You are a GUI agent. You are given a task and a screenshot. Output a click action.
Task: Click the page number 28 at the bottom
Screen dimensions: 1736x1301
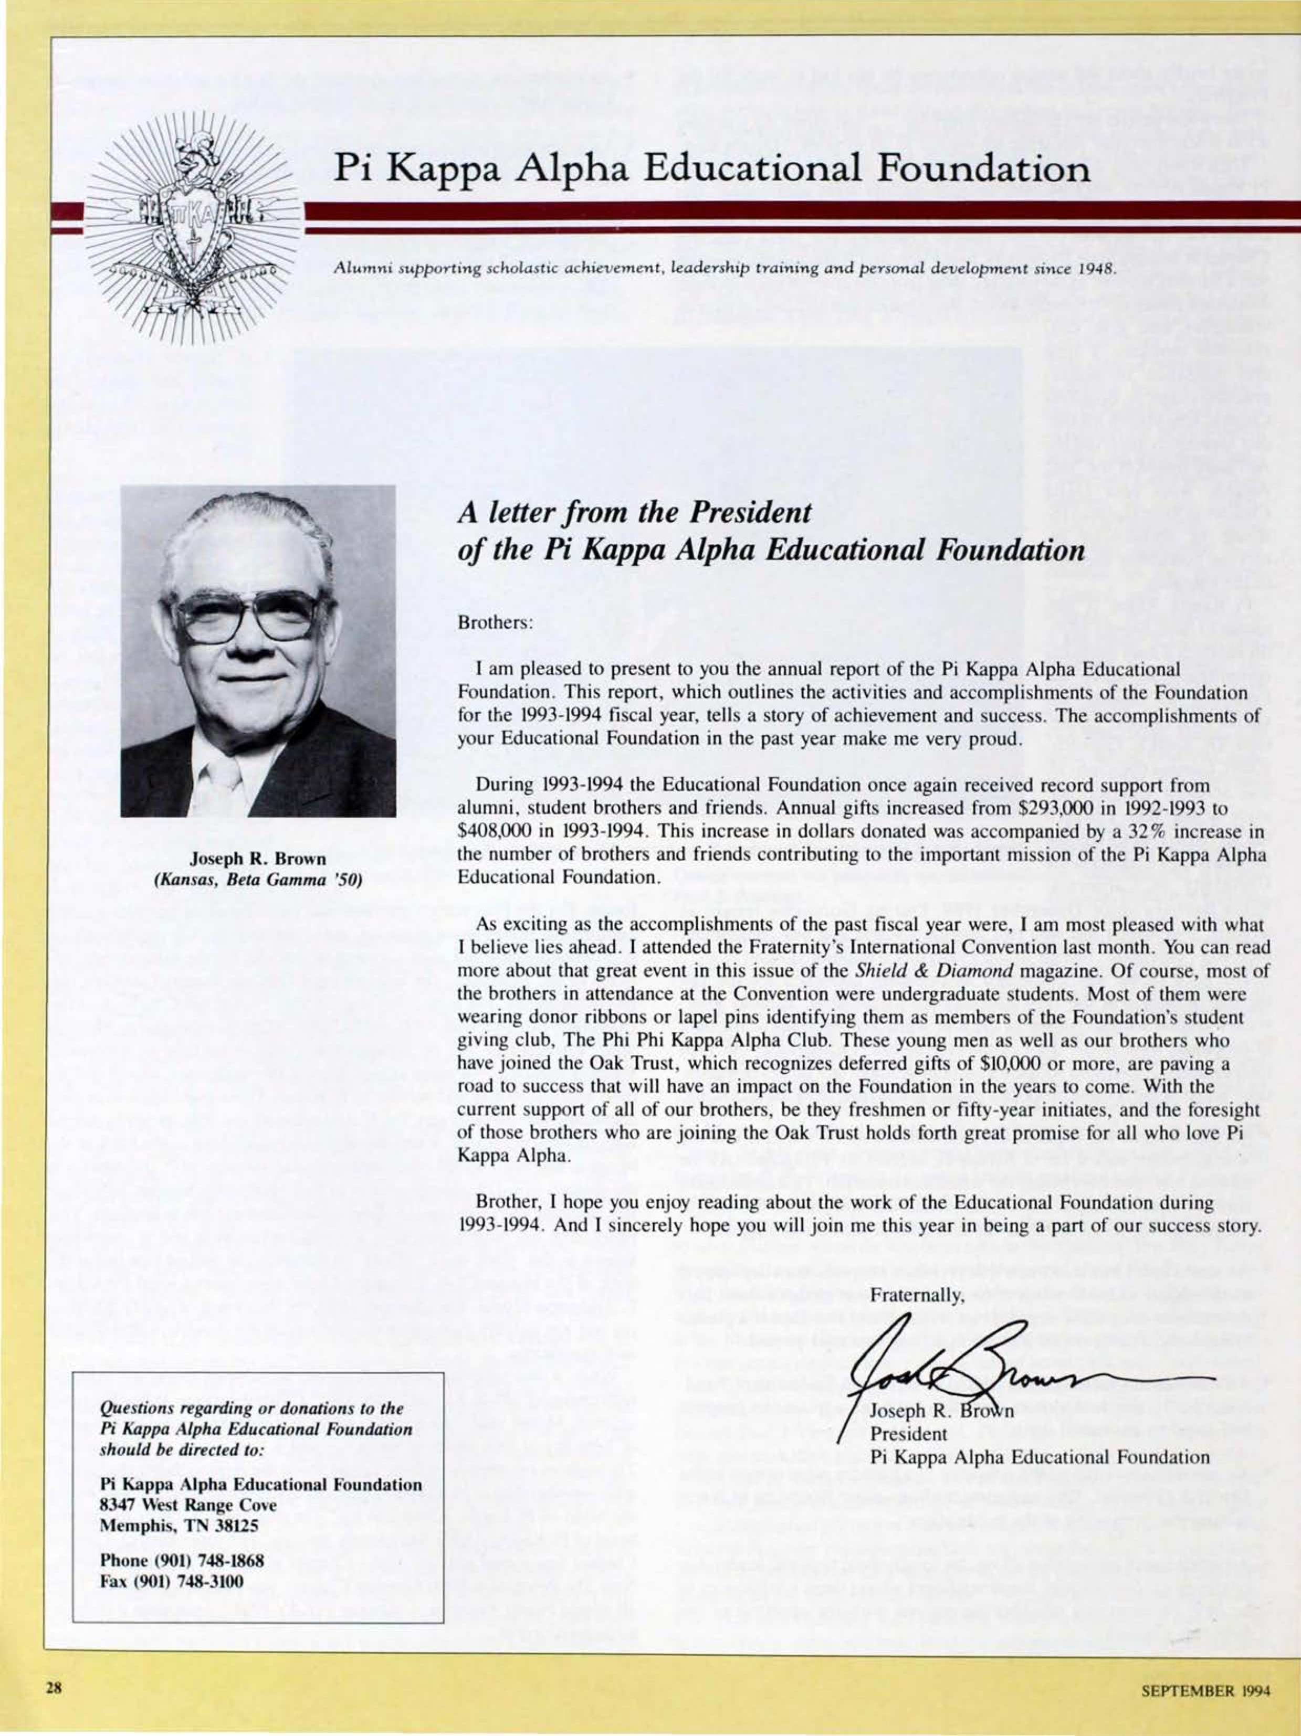54,1686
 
